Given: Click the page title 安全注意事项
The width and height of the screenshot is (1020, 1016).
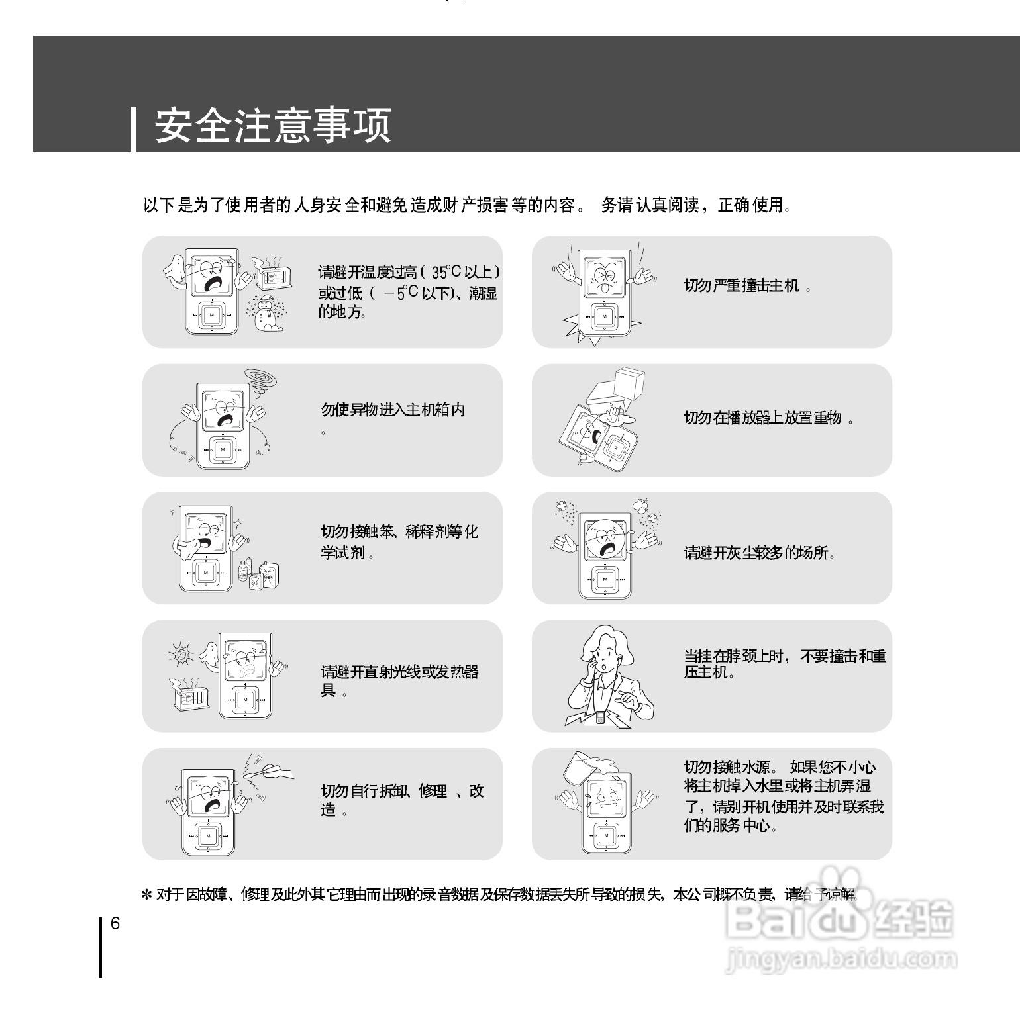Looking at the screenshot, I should pos(273,126).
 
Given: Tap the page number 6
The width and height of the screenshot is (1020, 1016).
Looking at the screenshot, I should pos(115,923).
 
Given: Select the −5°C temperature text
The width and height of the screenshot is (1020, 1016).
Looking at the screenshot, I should pos(401,293).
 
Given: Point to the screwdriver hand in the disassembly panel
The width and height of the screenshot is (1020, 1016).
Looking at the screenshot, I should pos(275,770).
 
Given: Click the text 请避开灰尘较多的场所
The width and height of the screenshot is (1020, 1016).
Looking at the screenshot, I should pos(759,553).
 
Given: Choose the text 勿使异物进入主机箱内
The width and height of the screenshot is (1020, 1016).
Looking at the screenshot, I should pos(393,410).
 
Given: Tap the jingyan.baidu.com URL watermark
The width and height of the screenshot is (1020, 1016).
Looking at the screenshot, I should pos(841,958).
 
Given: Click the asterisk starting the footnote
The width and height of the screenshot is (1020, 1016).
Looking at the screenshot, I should pos(146,896).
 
